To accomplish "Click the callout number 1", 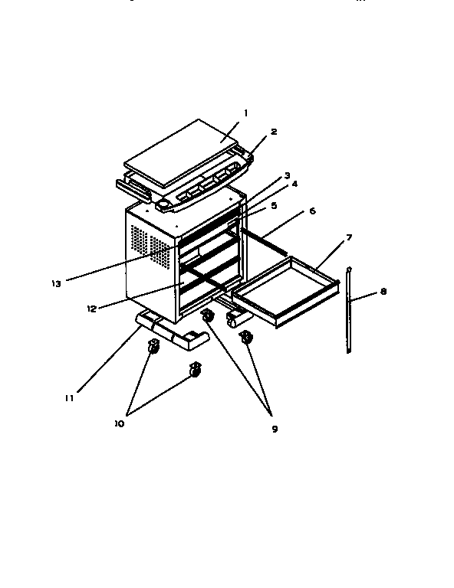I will click(245, 113).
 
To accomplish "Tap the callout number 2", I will click(274, 132).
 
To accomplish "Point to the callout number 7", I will click(349, 238).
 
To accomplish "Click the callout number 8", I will click(383, 292).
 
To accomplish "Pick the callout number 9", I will click(274, 429).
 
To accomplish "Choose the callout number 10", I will click(119, 422).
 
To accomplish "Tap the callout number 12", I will click(91, 309).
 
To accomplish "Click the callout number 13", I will click(55, 283).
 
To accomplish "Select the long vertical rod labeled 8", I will click(350, 310).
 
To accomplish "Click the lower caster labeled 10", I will click(195, 371).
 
